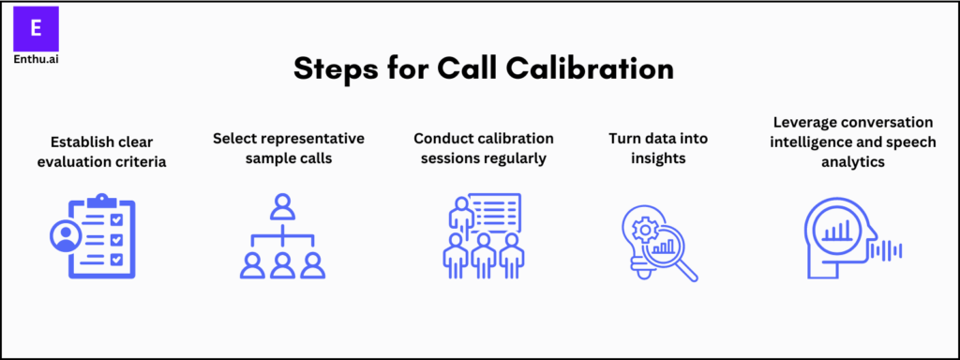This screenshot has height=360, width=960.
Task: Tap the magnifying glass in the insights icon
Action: [672, 247]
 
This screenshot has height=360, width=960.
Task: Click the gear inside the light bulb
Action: [644, 229]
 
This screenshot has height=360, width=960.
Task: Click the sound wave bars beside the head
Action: [889, 249]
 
